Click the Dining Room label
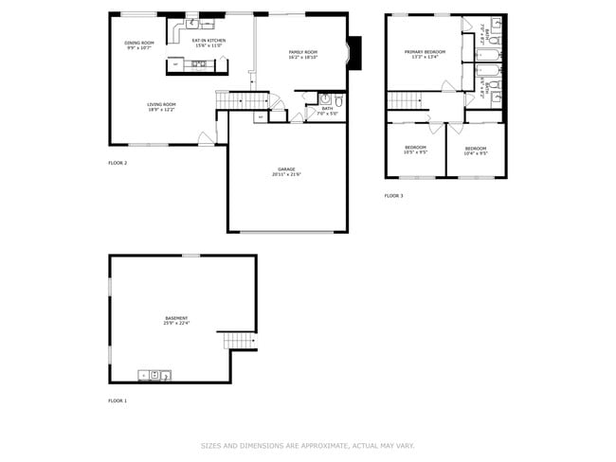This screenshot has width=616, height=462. [139, 43]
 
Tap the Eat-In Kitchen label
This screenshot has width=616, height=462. [208, 41]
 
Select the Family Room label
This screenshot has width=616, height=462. [302, 52]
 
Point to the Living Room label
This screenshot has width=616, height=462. [160, 104]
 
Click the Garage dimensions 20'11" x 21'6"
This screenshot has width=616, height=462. [286, 174]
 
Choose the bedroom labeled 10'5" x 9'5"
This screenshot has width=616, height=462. [416, 151]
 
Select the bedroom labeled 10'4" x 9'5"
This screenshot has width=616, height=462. [475, 152]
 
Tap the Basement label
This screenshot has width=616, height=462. [176, 318]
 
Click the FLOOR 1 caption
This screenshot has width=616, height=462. [118, 400]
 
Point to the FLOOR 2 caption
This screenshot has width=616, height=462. [118, 163]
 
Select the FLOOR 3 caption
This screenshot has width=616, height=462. [393, 196]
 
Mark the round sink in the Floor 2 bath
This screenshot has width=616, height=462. [323, 98]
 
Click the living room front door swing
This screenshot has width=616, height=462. [205, 138]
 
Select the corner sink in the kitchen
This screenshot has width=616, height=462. [190, 23]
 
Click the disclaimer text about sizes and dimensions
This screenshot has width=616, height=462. [307, 445]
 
